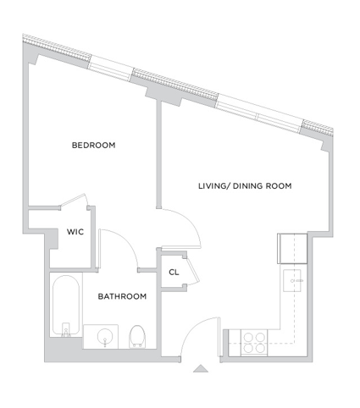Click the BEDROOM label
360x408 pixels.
(x=93, y=146)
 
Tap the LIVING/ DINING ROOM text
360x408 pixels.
(x=245, y=186)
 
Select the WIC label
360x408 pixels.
(x=75, y=232)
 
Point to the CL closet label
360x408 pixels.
(x=174, y=273)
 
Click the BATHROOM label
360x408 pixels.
(x=122, y=296)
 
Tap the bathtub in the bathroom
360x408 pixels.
(x=66, y=306)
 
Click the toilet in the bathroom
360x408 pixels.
(x=137, y=337)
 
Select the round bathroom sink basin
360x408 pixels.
(x=105, y=336)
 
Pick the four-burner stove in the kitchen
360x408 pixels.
(x=254, y=343)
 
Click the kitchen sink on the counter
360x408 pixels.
(x=292, y=280)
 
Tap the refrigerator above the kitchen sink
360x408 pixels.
(x=292, y=249)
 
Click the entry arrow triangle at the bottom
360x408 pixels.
(x=201, y=368)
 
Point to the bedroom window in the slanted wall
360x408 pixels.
(x=111, y=68)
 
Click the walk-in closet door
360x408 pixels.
(x=74, y=200)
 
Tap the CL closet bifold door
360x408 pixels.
(x=192, y=271)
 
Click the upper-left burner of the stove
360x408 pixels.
(x=248, y=337)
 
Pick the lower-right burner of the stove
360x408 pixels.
(x=260, y=348)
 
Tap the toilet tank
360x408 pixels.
(x=137, y=345)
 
